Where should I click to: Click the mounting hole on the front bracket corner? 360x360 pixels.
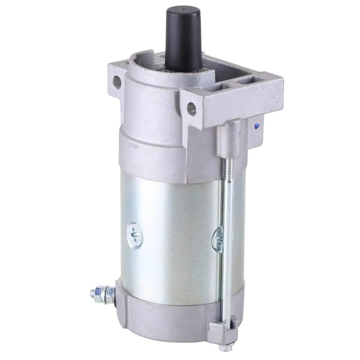tap(192, 107)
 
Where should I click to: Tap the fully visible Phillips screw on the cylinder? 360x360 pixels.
tap(134, 234)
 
